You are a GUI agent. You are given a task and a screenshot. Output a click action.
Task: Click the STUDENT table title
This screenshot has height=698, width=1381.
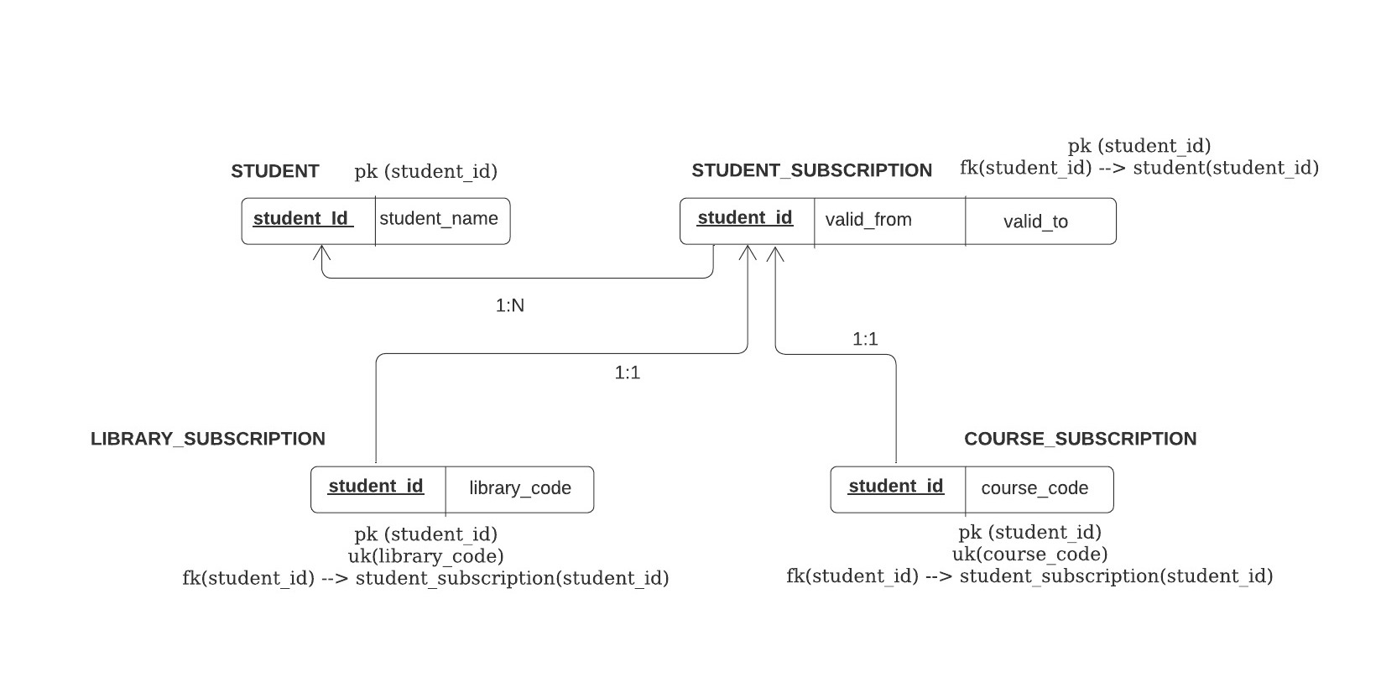275,171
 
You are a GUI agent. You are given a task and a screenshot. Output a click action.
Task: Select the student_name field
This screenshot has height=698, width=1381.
438,218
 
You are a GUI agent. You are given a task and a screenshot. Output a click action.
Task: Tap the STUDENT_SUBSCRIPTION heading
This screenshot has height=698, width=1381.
811,170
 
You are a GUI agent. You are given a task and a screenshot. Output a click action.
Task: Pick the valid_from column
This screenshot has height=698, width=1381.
868,220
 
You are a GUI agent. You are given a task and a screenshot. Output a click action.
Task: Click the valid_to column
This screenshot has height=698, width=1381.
1035,221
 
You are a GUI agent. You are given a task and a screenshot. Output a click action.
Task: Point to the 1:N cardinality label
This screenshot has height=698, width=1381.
510,305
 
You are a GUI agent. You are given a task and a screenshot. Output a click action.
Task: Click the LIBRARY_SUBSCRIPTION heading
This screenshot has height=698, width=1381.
208,439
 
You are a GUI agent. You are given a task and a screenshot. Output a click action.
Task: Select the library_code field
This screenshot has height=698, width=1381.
519,487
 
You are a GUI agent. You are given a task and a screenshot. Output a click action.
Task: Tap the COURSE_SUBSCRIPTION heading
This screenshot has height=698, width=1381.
1080,439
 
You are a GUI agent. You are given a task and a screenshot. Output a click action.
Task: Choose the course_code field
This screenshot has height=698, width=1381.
1034,487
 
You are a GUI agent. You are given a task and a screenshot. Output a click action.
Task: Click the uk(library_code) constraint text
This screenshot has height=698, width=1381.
425,556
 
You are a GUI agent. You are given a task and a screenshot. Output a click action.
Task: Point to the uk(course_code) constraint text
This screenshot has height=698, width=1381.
1029,554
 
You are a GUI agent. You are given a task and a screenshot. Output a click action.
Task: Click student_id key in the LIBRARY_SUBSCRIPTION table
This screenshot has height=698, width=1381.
376,486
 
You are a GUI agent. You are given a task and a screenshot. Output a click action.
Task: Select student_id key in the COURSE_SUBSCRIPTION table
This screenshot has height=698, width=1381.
896,486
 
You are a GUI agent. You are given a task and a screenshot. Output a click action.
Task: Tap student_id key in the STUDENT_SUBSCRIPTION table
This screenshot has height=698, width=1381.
745,217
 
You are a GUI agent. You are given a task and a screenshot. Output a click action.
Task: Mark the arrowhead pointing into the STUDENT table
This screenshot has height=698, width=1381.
321,246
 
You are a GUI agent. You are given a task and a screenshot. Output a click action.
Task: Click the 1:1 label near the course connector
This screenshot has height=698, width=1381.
865,339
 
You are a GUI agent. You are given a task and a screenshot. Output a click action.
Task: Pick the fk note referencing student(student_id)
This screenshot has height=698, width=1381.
1139,168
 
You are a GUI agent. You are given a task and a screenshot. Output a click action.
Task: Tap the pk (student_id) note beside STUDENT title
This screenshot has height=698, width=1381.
425,171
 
